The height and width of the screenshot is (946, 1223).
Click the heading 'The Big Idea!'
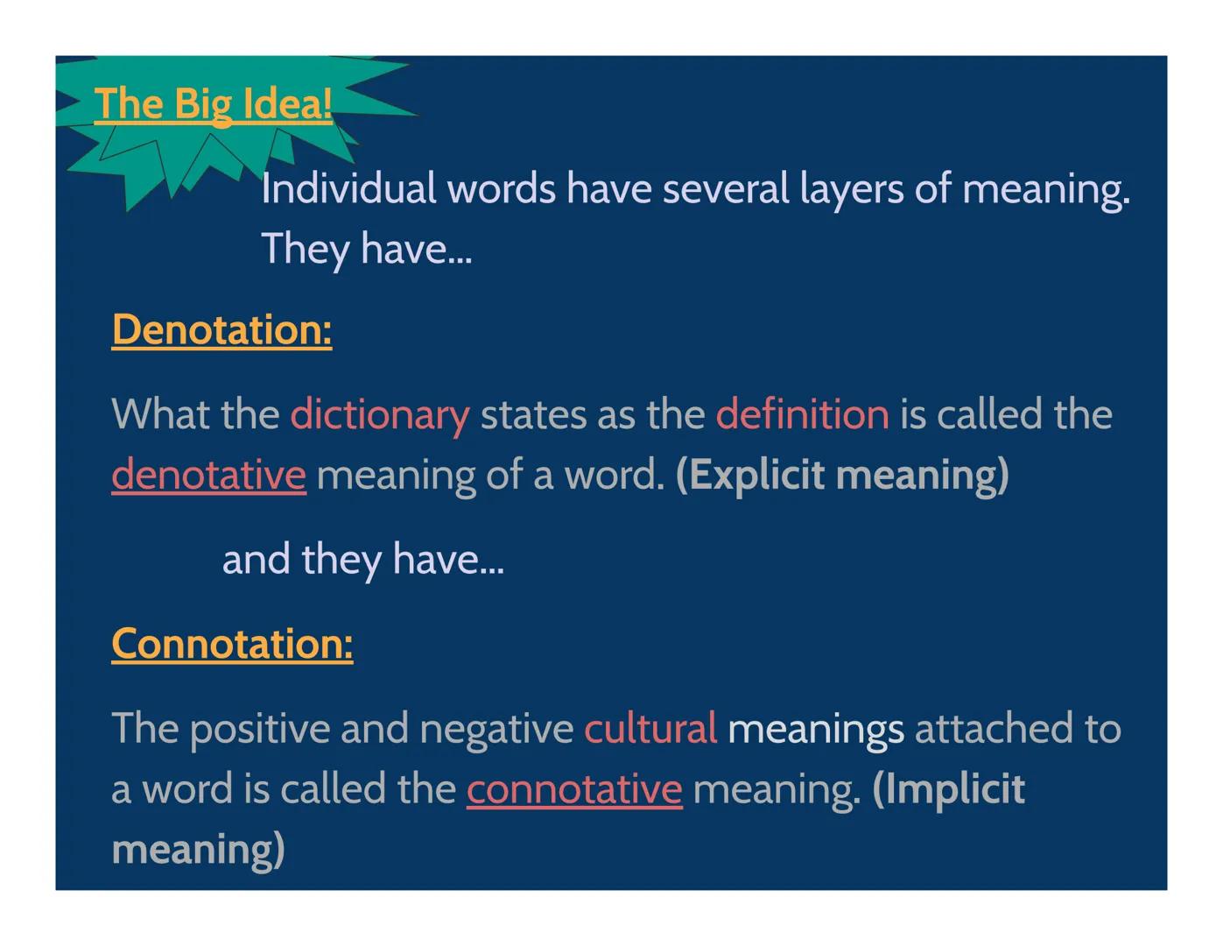point(213,104)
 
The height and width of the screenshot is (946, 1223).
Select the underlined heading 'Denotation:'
point(221,330)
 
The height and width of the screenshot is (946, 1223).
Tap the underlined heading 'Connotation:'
point(232,644)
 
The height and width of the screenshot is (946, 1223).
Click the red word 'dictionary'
point(380,414)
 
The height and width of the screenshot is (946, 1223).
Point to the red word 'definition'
point(802,414)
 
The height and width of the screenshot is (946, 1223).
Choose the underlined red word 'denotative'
point(208,475)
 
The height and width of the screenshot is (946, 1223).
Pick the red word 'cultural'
point(650,729)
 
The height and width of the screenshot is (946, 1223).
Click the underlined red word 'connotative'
point(573,789)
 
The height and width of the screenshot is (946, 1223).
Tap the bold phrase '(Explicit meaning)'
point(842,475)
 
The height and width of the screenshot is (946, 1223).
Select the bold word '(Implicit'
point(948,789)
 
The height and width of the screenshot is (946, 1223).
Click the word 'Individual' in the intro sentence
point(348,189)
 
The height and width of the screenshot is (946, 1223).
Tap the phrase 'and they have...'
point(363,560)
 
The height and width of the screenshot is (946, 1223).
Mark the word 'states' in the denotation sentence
point(532,414)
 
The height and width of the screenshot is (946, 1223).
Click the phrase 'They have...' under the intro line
point(366,250)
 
